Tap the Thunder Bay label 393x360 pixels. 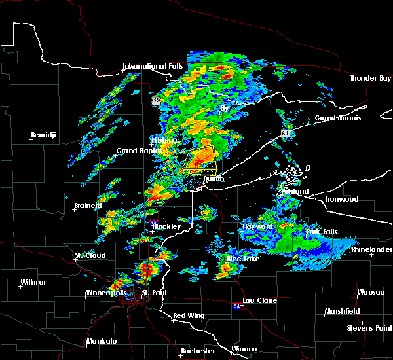tap(371, 78)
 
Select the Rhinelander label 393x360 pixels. tap(371, 249)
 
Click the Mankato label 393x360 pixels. tap(102, 341)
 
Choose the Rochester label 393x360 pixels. tap(198, 351)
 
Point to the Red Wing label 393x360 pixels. tap(188, 315)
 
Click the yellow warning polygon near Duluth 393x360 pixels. tap(200, 160)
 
